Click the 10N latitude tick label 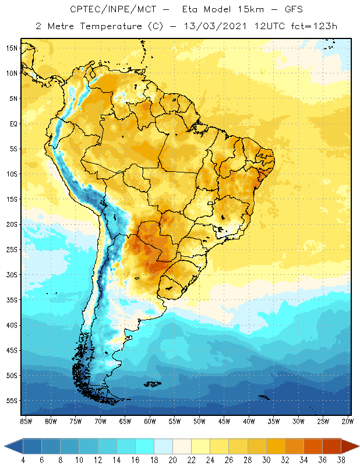coord(12,73)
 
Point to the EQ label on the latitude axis coord(13,123)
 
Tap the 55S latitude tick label coord(12,401)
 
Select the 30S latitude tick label coord(12,275)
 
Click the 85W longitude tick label coord(26,421)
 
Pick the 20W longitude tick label coord(347,421)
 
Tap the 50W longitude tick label coord(199,421)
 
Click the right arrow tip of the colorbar coord(358,446)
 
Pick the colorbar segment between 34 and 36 coord(312,446)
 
